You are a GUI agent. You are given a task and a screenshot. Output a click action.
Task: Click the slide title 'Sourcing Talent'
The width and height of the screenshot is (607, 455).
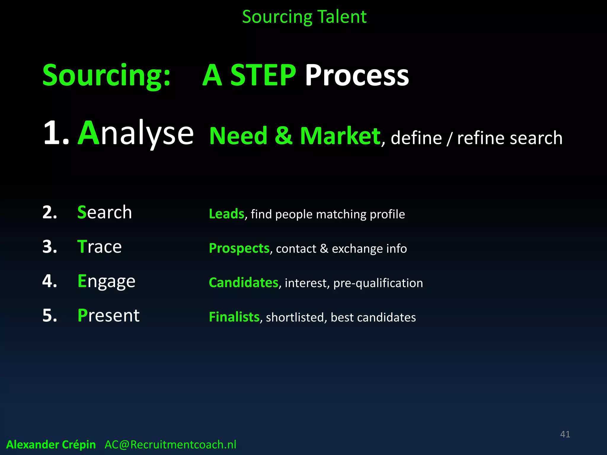(x=304, y=17)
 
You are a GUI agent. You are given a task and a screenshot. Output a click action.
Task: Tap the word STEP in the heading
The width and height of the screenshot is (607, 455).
(x=263, y=76)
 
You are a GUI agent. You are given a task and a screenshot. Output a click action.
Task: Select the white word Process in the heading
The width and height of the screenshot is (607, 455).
(x=357, y=76)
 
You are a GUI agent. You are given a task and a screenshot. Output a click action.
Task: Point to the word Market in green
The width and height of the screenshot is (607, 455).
(x=340, y=136)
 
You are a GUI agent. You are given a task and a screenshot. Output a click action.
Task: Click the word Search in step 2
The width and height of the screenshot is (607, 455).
(x=104, y=212)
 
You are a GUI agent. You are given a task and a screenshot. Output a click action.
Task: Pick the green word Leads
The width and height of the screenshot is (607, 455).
(x=226, y=214)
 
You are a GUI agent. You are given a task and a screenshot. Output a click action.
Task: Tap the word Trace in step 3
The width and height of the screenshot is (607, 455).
(x=99, y=247)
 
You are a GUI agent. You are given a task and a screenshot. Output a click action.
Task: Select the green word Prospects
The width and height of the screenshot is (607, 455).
(x=239, y=248)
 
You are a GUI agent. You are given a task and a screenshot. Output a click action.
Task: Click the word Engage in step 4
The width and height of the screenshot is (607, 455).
(x=106, y=281)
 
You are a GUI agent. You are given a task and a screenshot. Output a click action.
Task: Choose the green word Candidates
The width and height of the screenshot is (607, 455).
(x=243, y=283)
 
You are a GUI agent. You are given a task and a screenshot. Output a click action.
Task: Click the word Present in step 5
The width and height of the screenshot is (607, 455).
(x=108, y=315)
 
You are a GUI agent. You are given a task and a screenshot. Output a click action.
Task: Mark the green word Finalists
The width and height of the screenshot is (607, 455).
(x=234, y=317)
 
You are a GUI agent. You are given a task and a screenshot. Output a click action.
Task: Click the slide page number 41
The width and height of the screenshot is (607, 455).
(x=565, y=434)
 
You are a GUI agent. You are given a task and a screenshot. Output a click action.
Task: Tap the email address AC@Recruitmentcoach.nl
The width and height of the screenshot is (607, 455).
(x=170, y=445)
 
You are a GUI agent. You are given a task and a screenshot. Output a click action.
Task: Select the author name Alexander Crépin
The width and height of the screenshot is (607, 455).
(x=51, y=445)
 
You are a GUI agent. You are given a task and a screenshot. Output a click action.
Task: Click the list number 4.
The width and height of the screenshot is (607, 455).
(x=49, y=281)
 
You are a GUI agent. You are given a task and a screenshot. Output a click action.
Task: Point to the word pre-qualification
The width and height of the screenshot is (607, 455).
(x=378, y=283)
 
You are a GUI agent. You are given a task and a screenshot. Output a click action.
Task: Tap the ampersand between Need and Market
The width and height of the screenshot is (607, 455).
(x=284, y=136)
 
